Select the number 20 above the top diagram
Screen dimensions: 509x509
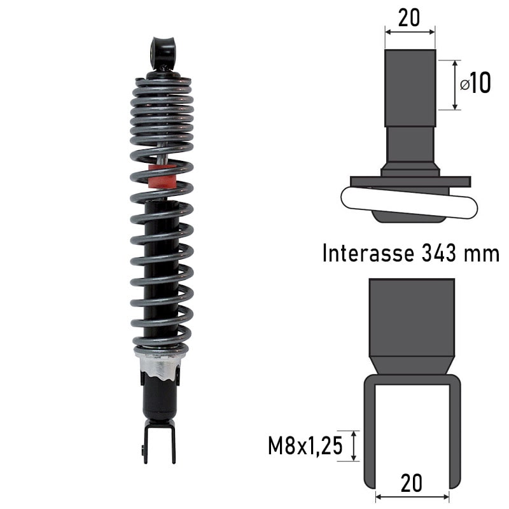click(409, 18)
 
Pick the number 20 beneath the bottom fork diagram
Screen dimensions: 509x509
click(412, 483)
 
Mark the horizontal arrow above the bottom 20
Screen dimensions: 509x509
click(412, 496)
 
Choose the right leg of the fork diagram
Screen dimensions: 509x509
click(454, 433)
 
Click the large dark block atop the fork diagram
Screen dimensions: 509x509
click(412, 318)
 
